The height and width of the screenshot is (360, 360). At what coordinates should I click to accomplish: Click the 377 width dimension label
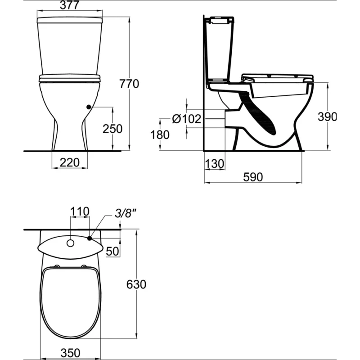[x=70, y=5]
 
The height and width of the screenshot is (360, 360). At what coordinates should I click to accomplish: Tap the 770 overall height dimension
[x=129, y=84]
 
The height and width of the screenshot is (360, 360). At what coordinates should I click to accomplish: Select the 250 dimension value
[x=112, y=129]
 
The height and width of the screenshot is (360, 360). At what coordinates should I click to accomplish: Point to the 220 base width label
[x=70, y=162]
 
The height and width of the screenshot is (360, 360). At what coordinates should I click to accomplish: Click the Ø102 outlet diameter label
[x=186, y=119]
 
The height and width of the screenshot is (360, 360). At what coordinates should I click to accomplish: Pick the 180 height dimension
[x=160, y=135]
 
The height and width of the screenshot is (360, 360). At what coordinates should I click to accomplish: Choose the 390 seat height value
[x=327, y=117]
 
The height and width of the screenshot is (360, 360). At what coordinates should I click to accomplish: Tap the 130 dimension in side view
[x=214, y=164]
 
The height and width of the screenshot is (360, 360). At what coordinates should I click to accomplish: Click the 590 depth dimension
[x=253, y=177]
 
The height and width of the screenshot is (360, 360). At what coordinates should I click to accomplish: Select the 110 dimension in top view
[x=80, y=211]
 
